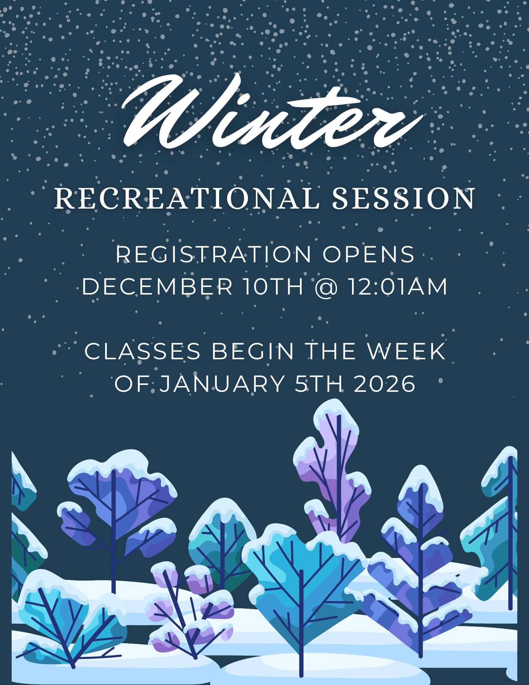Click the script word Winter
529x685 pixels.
[x=272, y=111]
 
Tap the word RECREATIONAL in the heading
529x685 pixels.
[x=187, y=198]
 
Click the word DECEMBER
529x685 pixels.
[x=157, y=287]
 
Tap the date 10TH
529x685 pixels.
[x=274, y=287]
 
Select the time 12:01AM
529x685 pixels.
[x=398, y=287]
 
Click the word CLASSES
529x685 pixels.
[x=142, y=351]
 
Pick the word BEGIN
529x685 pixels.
[x=253, y=351]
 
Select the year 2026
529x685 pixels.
[x=385, y=384]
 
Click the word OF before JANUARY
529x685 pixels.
[x=131, y=384]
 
